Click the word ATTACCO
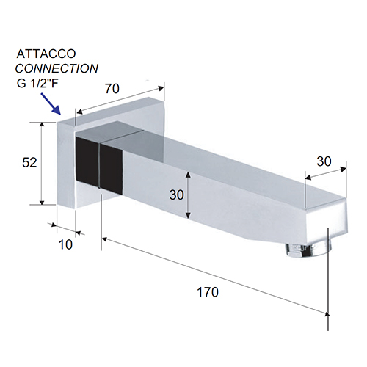46,54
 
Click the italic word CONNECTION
57,68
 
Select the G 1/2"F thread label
37,84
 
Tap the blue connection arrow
51,103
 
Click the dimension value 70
112,89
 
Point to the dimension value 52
29,162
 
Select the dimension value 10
65,244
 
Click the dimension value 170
208,292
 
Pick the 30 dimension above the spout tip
324,161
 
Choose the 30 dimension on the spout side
176,195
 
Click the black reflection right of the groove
112,169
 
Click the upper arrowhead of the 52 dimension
42,124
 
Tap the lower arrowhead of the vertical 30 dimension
188,216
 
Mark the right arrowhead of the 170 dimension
326,313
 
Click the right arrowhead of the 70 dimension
161,88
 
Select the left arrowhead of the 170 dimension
105,239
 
